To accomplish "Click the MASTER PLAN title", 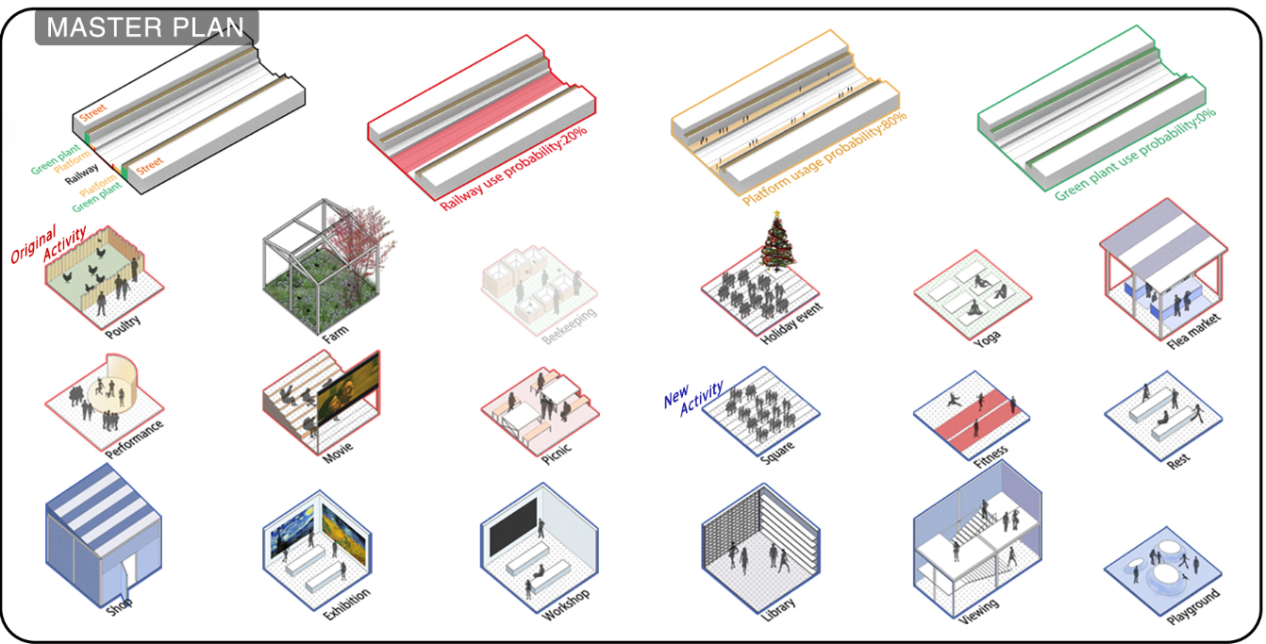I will [145, 27].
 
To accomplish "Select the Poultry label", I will [124, 321].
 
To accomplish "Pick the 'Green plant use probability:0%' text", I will [1136, 154].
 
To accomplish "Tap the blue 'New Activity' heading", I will [693, 394].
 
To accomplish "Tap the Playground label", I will [1192, 607].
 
